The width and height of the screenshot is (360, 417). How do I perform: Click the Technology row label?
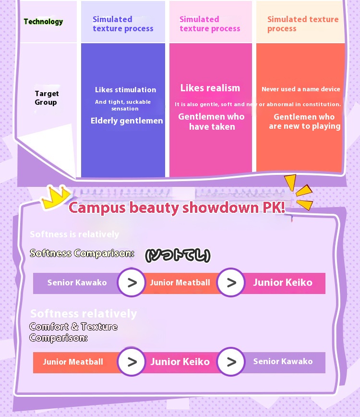click(x=43, y=22)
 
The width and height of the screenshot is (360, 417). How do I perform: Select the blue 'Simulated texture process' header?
click(x=123, y=24)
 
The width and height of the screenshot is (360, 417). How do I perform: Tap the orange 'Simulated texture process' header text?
click(x=302, y=24)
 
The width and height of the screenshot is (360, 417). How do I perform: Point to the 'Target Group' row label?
click(x=47, y=98)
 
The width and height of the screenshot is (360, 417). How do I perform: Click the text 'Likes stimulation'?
click(x=125, y=90)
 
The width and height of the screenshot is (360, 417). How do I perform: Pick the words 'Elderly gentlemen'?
click(x=127, y=121)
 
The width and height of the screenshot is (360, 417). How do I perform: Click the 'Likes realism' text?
click(x=210, y=88)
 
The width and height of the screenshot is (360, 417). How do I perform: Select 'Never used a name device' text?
click(x=301, y=89)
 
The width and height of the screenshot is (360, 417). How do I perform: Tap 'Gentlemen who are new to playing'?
click(x=304, y=122)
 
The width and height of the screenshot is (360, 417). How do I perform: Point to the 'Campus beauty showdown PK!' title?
click(x=177, y=208)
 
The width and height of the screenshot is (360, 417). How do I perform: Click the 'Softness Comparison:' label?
click(x=82, y=253)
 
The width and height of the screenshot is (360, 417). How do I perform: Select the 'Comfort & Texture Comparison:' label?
click(x=73, y=332)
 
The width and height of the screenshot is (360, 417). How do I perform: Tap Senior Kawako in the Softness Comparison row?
click(x=77, y=283)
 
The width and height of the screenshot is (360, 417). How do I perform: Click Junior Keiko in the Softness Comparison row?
click(x=283, y=283)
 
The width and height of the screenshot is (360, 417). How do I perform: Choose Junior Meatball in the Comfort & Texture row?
click(x=73, y=362)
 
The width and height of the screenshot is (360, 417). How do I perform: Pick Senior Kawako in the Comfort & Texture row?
click(x=283, y=362)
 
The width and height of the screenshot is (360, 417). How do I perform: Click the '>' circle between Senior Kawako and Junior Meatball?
click(x=132, y=283)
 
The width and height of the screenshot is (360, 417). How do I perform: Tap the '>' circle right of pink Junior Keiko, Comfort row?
click(x=231, y=362)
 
